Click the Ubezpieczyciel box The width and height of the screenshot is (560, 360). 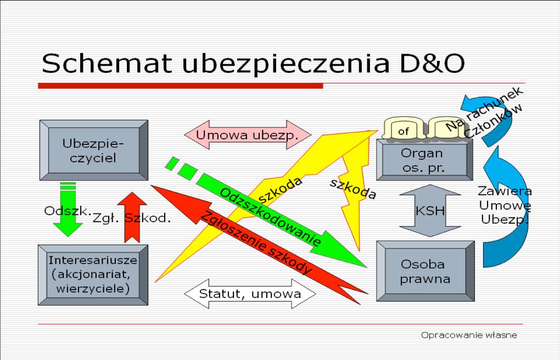click(x=93, y=150)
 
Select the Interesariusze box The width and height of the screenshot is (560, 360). click(x=93, y=274)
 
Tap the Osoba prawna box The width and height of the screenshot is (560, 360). click(x=425, y=271)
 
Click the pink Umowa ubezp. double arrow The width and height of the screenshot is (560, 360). click(x=247, y=135)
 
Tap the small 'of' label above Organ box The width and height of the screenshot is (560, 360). click(x=404, y=131)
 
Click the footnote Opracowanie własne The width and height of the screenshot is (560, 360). click(x=469, y=335)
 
